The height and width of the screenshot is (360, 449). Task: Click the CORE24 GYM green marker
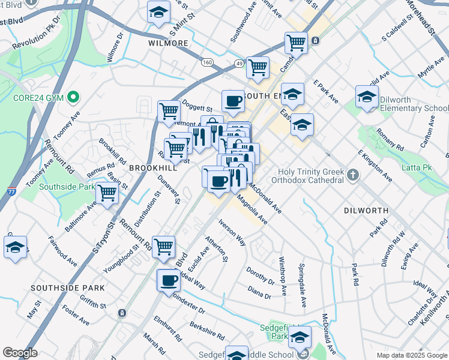coord(74,96)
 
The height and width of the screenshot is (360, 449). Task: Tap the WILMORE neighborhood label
coord(169,44)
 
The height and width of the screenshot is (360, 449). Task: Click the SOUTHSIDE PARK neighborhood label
coord(68,288)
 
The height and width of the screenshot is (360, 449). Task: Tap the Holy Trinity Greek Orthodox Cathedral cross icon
coord(352,175)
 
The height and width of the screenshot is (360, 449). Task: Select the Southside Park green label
coord(66,187)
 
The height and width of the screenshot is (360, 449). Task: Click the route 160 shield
coord(208,62)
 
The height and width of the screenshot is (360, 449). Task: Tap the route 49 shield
coord(239,63)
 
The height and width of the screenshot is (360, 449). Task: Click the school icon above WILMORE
coord(158,13)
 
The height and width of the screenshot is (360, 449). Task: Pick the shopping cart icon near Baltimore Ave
coord(107,193)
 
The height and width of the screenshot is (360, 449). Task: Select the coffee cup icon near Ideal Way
coord(169,280)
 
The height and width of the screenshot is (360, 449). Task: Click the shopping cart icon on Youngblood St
coord(164,245)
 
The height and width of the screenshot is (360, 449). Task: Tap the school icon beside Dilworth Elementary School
coord(367,96)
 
